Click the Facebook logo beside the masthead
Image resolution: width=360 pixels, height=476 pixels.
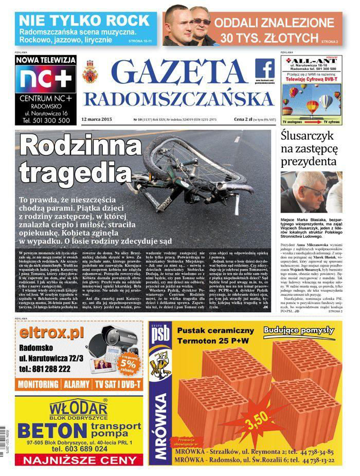click(x=265, y=69)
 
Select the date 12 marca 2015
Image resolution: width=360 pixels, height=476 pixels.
click(x=97, y=119)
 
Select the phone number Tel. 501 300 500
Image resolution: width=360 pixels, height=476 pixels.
click(x=46, y=120)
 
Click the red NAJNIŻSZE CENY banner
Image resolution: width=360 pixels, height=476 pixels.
click(x=78, y=460)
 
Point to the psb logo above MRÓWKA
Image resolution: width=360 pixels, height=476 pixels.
click(x=159, y=338)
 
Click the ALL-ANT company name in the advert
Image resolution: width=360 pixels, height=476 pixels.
click(x=312, y=61)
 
